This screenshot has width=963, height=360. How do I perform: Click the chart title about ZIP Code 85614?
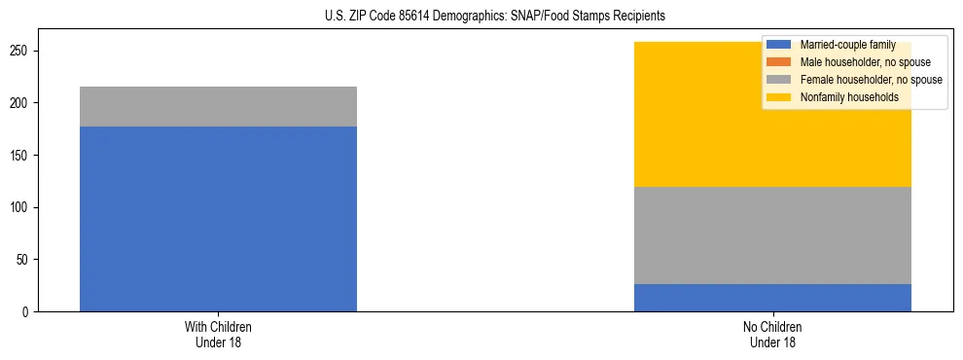pyautogui.click(x=481, y=17)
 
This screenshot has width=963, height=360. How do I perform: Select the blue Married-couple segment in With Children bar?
pyautogui.click(x=218, y=219)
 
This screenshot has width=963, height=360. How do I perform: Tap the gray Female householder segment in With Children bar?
pyautogui.click(x=218, y=106)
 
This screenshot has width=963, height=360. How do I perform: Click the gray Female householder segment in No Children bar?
pyautogui.click(x=772, y=235)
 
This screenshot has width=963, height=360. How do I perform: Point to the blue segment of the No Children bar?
pyautogui.click(x=772, y=298)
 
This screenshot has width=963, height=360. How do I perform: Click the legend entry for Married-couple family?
pyautogui.click(x=847, y=45)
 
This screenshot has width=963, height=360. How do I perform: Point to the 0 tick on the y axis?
pyautogui.click(x=28, y=312)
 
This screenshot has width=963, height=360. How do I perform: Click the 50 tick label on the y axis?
pyautogui.click(x=25, y=260)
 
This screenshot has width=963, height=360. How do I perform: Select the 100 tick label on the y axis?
pyautogui.click(x=22, y=207)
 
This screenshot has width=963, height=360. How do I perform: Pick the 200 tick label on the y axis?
pyautogui.click(x=22, y=103)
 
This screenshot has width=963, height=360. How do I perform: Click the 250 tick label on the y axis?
pyautogui.click(x=22, y=51)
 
